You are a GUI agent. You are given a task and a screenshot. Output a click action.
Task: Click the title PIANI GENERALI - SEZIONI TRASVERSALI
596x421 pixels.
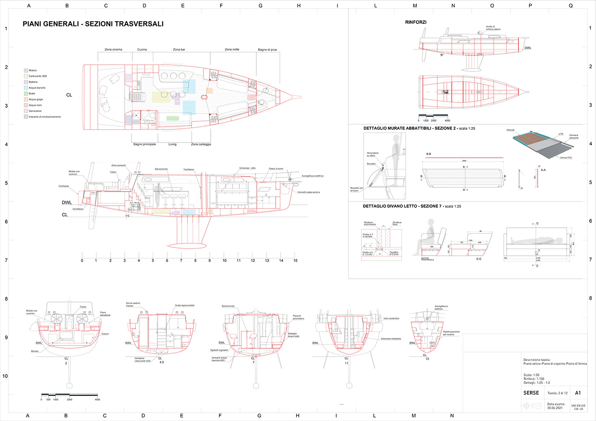point(93,24)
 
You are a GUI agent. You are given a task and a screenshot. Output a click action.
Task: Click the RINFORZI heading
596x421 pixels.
point(415,22)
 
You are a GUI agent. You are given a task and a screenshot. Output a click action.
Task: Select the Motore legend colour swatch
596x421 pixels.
point(26,70)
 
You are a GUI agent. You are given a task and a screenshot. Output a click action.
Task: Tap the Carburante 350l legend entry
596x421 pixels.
point(37,76)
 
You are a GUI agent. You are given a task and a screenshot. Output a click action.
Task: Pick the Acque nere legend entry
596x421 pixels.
point(35,105)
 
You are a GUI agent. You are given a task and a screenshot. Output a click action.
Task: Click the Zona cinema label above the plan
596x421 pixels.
point(113,49)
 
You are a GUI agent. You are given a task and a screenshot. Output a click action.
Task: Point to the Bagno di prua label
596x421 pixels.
point(267,50)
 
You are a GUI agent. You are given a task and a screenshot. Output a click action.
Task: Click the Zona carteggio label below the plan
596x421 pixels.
point(201,144)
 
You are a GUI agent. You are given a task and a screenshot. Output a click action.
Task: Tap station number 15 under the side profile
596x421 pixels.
point(295,261)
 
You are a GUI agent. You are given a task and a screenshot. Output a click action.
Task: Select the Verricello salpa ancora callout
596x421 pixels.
point(309,192)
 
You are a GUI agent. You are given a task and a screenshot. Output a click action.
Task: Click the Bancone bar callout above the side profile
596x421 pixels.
point(161,169)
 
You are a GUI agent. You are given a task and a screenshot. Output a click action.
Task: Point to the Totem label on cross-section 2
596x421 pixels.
point(83,306)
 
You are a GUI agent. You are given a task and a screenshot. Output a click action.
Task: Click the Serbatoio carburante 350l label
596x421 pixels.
point(143,360)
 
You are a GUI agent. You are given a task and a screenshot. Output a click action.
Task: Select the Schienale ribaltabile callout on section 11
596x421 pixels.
point(390,339)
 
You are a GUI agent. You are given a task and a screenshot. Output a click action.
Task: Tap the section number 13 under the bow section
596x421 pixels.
point(427,359)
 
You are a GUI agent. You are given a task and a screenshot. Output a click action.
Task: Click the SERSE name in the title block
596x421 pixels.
point(531,393)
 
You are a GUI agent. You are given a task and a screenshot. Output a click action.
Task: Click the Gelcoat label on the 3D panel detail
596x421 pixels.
point(510,130)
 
